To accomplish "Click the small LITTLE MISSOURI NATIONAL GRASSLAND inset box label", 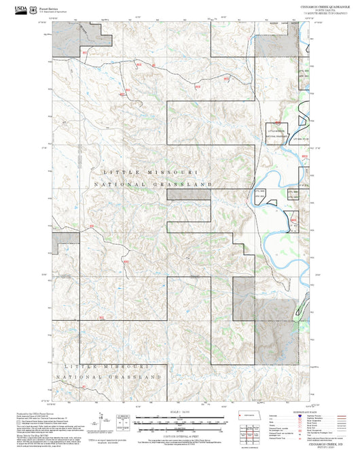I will point(280,133).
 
